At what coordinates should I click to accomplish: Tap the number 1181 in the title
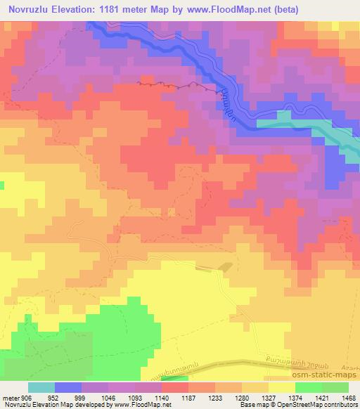click(x=118, y=10)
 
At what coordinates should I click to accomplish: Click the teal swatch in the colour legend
click(x=41, y=388)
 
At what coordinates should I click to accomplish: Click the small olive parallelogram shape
click(x=225, y=267)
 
